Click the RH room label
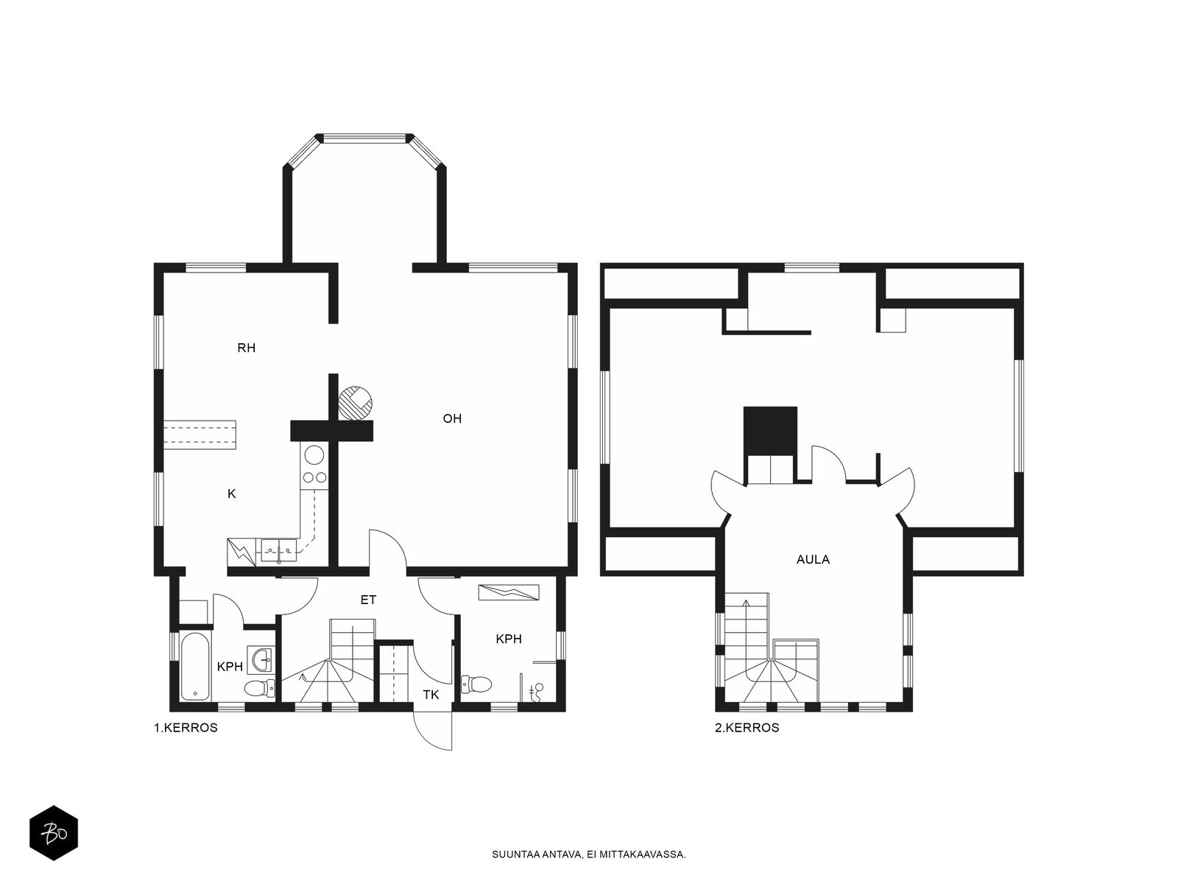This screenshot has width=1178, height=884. click(x=247, y=348)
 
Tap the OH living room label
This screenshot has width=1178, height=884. click(x=452, y=418)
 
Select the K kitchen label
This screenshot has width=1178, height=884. click(x=232, y=494)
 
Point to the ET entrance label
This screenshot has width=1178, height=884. click(x=368, y=600)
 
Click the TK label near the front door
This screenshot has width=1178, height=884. click(x=431, y=695)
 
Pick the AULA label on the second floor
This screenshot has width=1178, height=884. click(x=813, y=559)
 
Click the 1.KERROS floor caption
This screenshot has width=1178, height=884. click(x=186, y=728)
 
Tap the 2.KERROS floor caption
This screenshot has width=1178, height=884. click(x=747, y=728)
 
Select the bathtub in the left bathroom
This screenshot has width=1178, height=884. click(x=195, y=667)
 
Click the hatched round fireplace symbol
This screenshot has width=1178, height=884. click(x=356, y=402)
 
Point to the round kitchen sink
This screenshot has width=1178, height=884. click(x=314, y=456)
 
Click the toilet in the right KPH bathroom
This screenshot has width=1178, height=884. click(x=476, y=684)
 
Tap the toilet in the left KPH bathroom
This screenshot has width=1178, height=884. click(x=261, y=687)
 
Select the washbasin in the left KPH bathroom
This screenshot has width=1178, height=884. click(x=262, y=659)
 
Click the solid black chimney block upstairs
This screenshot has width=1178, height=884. click(x=770, y=431)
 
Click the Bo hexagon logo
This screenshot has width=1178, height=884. click(x=54, y=833)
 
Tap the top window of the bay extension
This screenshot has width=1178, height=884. click(x=364, y=138)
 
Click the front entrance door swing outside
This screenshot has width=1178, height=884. click(x=433, y=730)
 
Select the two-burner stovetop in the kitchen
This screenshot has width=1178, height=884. click(x=314, y=477)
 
